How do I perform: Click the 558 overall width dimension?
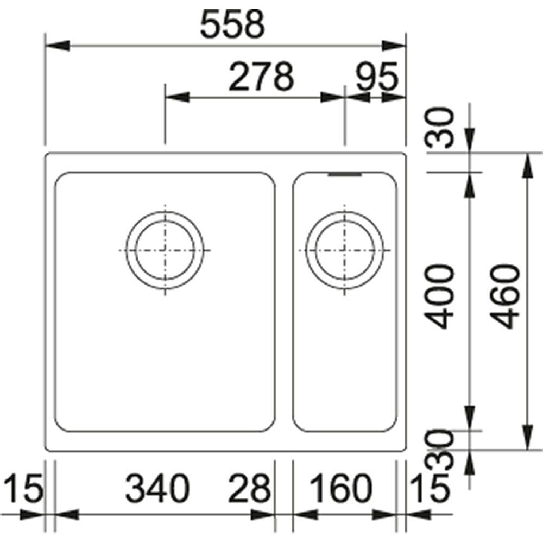pyautogui.click(x=232, y=25)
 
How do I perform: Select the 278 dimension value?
pyautogui.click(x=261, y=77)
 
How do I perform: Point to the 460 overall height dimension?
pyautogui.click(x=507, y=296)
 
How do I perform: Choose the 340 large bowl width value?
pyautogui.click(x=157, y=489)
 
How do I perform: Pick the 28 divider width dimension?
pyautogui.click(x=250, y=489)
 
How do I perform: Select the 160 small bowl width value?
pyautogui.click(x=340, y=489)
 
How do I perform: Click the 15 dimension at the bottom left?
pyautogui.click(x=22, y=489)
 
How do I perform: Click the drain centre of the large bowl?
pyautogui.click(x=165, y=250)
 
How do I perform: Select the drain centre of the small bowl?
pyautogui.click(x=344, y=250)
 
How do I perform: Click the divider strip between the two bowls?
pyautogui.click(x=283, y=301)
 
